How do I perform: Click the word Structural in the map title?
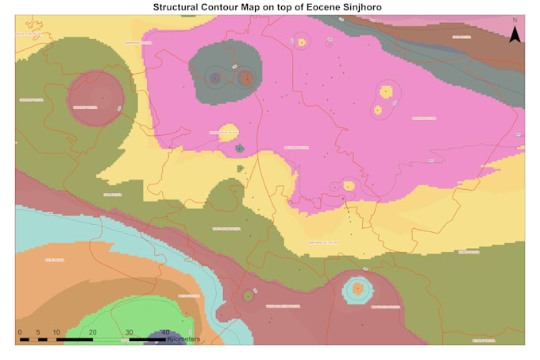tap(182, 7)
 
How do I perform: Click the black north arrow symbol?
tap(515, 34)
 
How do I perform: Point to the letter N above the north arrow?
tap(515, 21)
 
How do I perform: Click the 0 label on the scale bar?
tap(19, 331)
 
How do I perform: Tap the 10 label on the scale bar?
tap(56, 331)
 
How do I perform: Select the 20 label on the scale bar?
tap(92, 331)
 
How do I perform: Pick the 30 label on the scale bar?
tap(129, 331)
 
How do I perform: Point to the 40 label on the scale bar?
tap(165, 331)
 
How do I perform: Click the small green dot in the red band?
tap(248, 296)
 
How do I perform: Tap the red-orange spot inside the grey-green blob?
tap(245, 78)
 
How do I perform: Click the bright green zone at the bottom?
tap(119, 322)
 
